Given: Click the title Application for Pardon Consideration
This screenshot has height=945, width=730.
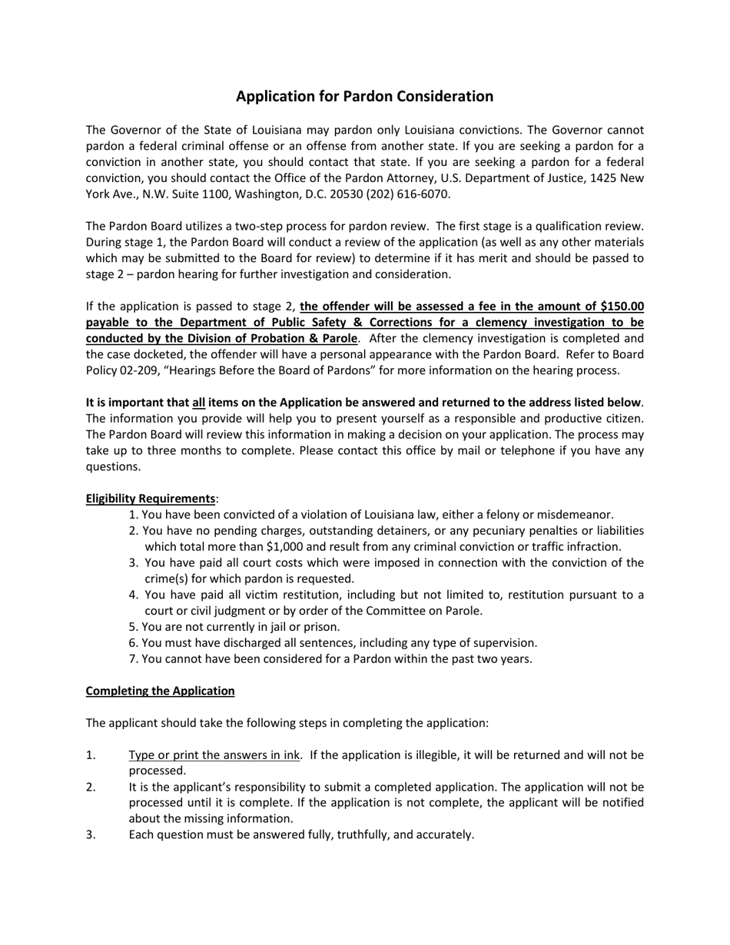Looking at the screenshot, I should (x=364, y=96).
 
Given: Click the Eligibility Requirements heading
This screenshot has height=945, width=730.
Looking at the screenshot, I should (x=151, y=499).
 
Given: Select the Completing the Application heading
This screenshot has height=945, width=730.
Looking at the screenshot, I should (x=160, y=691).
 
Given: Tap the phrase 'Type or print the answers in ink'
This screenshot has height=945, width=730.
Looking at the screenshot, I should (x=214, y=755).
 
